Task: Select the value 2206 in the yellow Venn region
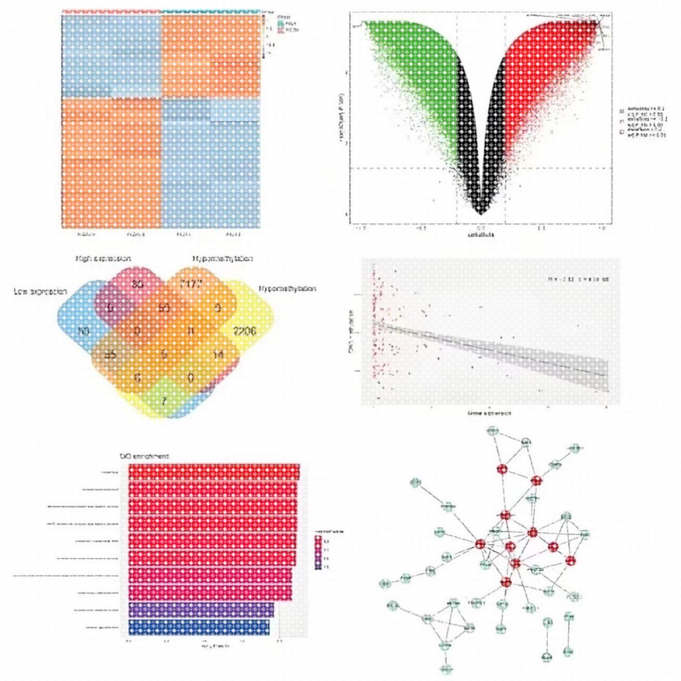[x=244, y=331]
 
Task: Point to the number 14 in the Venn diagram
[x=218, y=354]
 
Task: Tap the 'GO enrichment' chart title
[x=144, y=456]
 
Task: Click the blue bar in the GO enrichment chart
[x=199, y=627]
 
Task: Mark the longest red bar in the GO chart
[x=214, y=471]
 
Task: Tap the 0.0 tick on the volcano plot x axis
[x=480, y=228]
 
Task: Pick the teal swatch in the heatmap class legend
[x=281, y=24]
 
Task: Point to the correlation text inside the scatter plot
[x=578, y=279]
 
